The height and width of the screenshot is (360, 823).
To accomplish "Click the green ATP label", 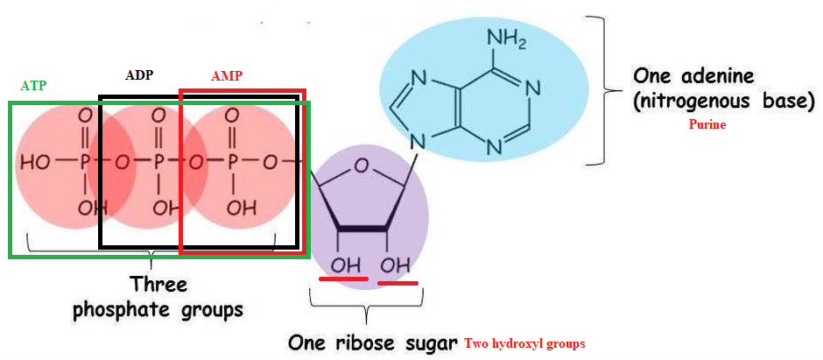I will (33, 86).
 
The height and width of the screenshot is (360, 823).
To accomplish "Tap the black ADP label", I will (138, 74).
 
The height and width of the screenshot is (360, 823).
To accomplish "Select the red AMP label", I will (226, 76).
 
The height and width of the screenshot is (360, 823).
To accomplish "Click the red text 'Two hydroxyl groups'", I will (524, 342).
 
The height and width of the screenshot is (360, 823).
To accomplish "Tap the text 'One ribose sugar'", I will (373, 342).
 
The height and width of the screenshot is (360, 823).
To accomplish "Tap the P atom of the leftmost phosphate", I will (85, 162).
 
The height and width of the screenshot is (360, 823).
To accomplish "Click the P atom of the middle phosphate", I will (159, 162).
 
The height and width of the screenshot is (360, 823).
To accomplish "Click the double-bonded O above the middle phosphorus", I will (159, 116).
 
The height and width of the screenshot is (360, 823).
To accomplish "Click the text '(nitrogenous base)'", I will (723, 101).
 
